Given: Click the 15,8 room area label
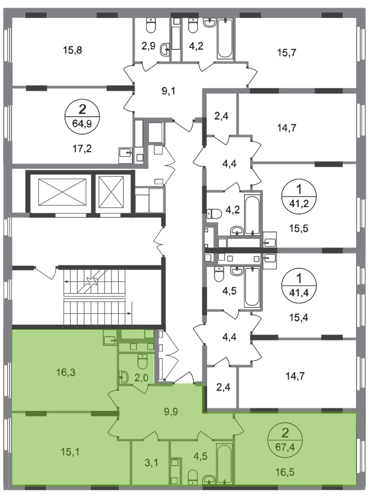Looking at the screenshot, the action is click(x=73, y=50).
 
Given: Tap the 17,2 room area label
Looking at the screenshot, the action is click(x=82, y=148).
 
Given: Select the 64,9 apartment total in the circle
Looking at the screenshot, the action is click(x=82, y=123).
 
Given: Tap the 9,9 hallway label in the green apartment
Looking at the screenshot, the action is click(x=171, y=412).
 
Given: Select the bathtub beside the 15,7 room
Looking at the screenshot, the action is click(x=225, y=38).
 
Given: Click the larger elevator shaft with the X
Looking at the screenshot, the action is click(x=62, y=193).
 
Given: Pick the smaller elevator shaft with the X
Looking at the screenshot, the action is click(x=111, y=193).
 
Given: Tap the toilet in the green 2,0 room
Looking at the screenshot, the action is click(x=142, y=362).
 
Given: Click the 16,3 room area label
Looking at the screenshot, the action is click(x=66, y=372).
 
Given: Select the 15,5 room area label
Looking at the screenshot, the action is click(x=299, y=228).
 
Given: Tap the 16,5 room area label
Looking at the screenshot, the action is click(x=285, y=472).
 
